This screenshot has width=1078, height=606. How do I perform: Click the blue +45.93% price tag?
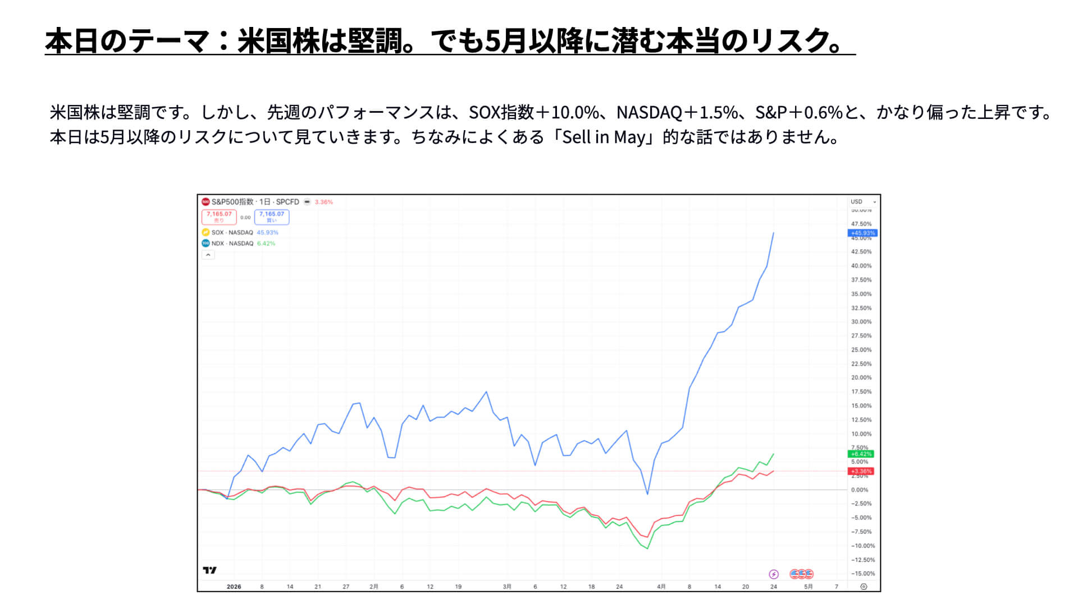862,233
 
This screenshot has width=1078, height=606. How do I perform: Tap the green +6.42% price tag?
861,454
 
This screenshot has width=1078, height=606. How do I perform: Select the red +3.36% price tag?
861,471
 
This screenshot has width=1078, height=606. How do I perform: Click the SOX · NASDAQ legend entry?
232,232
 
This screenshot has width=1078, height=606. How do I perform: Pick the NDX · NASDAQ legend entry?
232,244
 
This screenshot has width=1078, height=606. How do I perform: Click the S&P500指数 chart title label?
232,202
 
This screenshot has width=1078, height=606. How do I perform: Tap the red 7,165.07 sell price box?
219,217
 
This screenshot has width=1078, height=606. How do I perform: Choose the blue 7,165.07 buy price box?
272,217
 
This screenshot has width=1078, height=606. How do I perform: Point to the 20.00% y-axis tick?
861,378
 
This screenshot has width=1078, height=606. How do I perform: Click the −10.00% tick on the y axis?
862,546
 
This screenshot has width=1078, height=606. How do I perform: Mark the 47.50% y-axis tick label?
861,224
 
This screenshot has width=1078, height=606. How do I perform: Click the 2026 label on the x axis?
234,587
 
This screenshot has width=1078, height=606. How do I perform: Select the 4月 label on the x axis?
661,587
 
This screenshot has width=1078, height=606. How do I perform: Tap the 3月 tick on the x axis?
507,587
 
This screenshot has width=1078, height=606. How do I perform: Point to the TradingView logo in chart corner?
209,570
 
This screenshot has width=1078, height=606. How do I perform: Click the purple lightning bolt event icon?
774,574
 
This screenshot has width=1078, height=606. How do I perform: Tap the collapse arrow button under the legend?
208,255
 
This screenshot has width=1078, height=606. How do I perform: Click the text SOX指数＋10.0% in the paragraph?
534,113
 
